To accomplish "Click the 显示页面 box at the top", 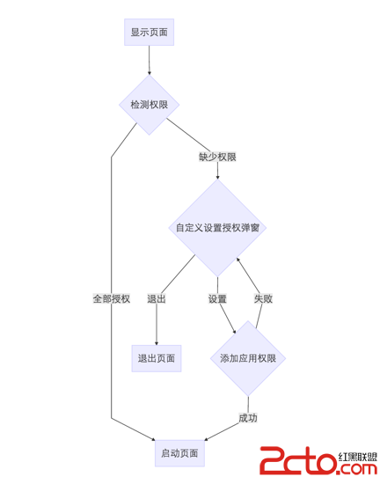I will (150, 33).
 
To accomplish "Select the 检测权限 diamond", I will (150, 105).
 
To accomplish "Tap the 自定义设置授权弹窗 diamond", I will (217, 228).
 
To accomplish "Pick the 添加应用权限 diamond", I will (248, 359).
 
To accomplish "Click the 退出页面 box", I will (157, 358).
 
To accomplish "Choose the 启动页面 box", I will (180, 454).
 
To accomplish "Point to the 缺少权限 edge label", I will (217, 158).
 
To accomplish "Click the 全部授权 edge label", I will (112, 298).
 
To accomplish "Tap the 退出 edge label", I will (157, 298).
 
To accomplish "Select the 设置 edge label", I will (217, 298).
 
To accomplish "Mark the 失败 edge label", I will (263, 298).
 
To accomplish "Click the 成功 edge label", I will (248, 417).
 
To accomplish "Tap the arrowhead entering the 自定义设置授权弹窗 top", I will (217, 176).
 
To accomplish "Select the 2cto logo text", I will (295, 458).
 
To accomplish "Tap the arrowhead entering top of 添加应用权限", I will (235, 333).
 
